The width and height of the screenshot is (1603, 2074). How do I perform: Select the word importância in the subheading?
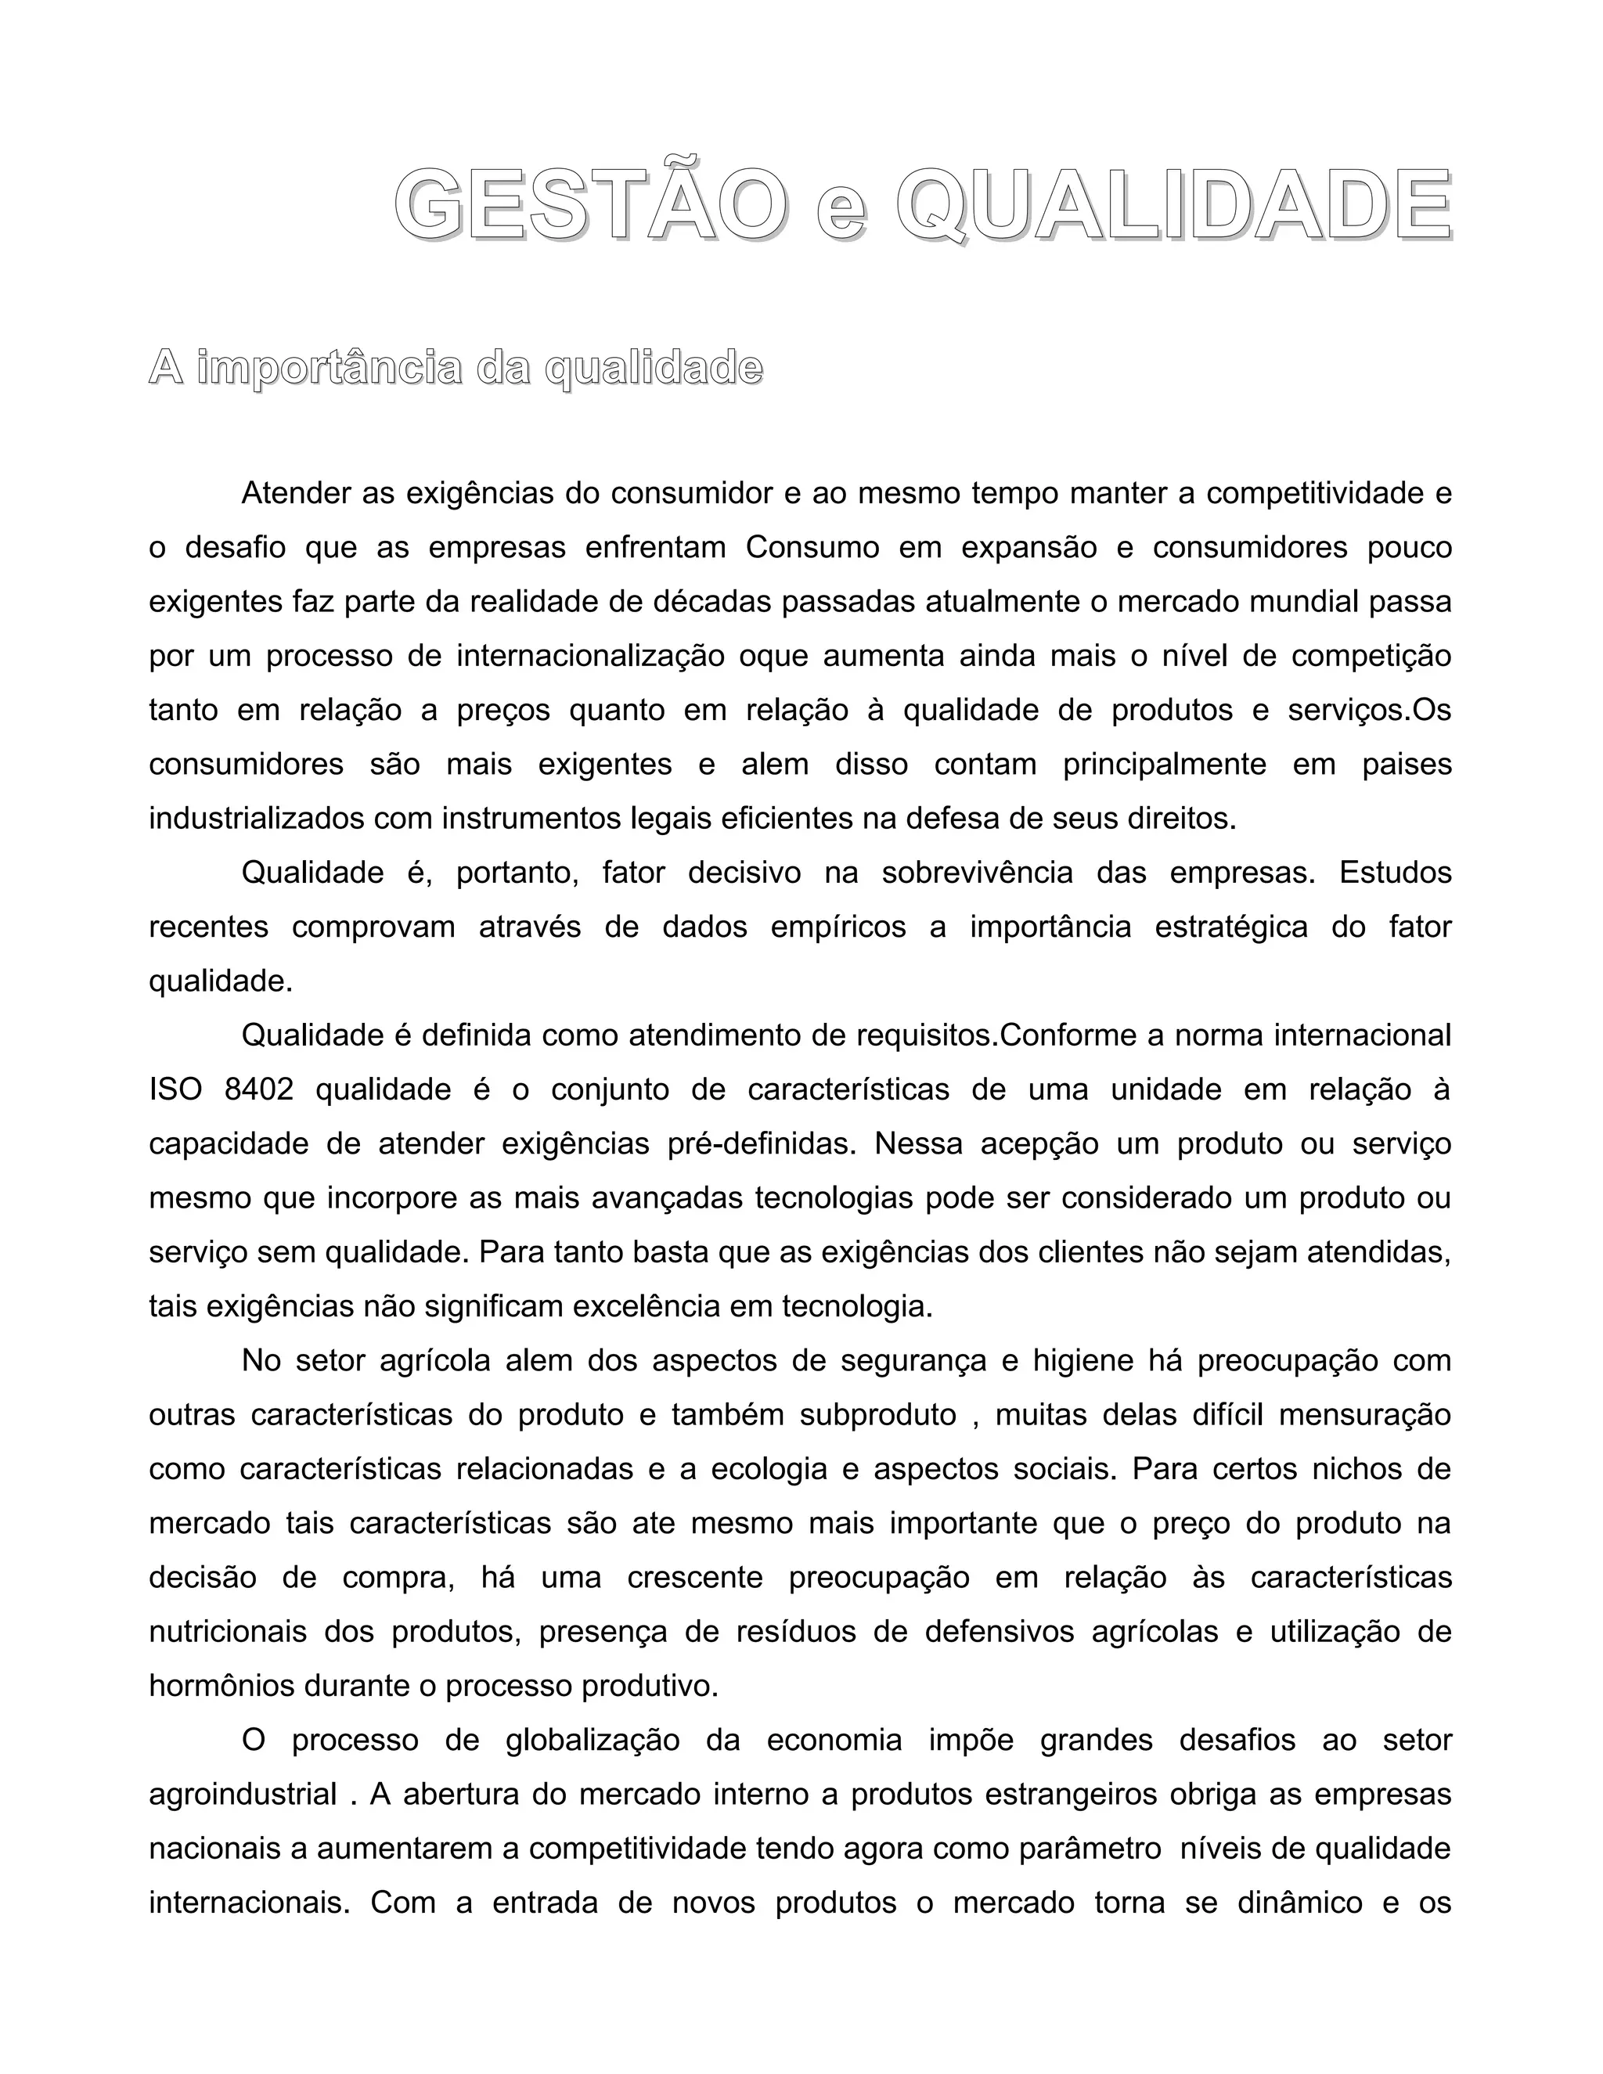330,369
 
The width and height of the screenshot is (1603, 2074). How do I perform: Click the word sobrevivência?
977,873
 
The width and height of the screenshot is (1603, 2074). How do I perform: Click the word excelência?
647,1307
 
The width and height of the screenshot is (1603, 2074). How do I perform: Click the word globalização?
593,1741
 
